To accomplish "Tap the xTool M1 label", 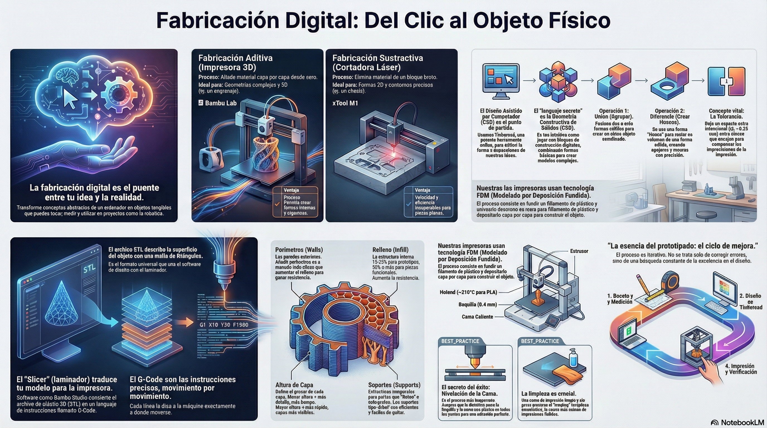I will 345,103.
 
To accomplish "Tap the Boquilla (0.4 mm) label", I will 477,305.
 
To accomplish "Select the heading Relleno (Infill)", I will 390,250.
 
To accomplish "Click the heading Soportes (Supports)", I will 394,385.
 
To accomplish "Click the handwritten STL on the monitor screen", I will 89,269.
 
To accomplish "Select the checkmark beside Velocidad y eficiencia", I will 409,204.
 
